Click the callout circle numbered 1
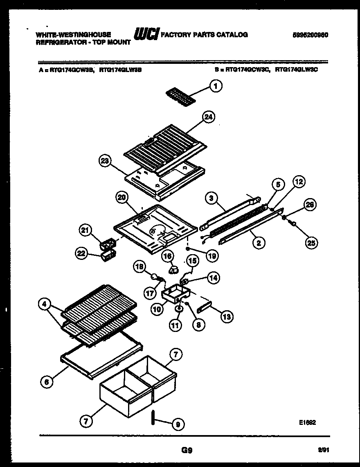pyautogui.click(x=216, y=86)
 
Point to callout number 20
pyautogui.click(x=121, y=197)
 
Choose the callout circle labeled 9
pyautogui.click(x=177, y=424)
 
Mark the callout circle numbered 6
pyautogui.click(x=47, y=382)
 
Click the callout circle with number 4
pyautogui.click(x=44, y=304)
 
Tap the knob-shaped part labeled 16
pyautogui.click(x=174, y=268)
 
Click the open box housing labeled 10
pyautogui.click(x=175, y=293)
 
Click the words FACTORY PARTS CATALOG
pyautogui.click(x=204, y=35)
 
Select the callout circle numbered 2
pyautogui.click(x=258, y=243)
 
